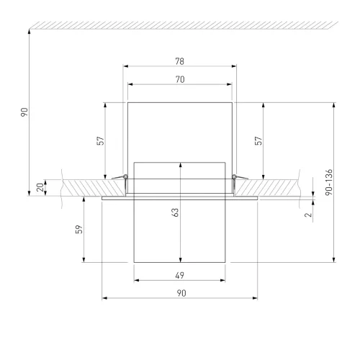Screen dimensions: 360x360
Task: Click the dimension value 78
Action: click(x=180, y=61)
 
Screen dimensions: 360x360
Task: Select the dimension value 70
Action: click(x=180, y=79)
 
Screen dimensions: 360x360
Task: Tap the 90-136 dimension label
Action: click(x=329, y=182)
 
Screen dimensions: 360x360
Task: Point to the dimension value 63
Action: click(x=175, y=212)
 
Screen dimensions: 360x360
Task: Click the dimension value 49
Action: click(x=180, y=275)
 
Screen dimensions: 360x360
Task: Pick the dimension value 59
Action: click(x=79, y=229)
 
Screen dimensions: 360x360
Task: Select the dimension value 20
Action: click(x=40, y=187)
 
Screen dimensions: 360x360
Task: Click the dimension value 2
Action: click(x=308, y=215)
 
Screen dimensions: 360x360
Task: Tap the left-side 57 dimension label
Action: click(x=101, y=140)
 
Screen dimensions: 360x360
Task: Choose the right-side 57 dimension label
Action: click(x=258, y=140)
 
